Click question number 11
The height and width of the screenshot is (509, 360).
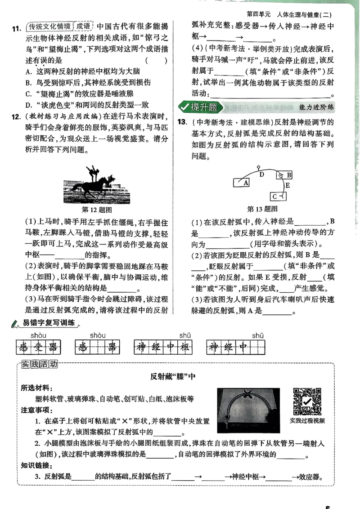click(15, 29)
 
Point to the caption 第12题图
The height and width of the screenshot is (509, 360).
click(97, 210)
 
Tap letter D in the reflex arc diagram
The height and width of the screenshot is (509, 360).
click(261, 174)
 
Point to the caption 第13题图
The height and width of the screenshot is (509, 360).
click(262, 209)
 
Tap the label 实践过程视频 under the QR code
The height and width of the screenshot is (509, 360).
click(307, 421)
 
